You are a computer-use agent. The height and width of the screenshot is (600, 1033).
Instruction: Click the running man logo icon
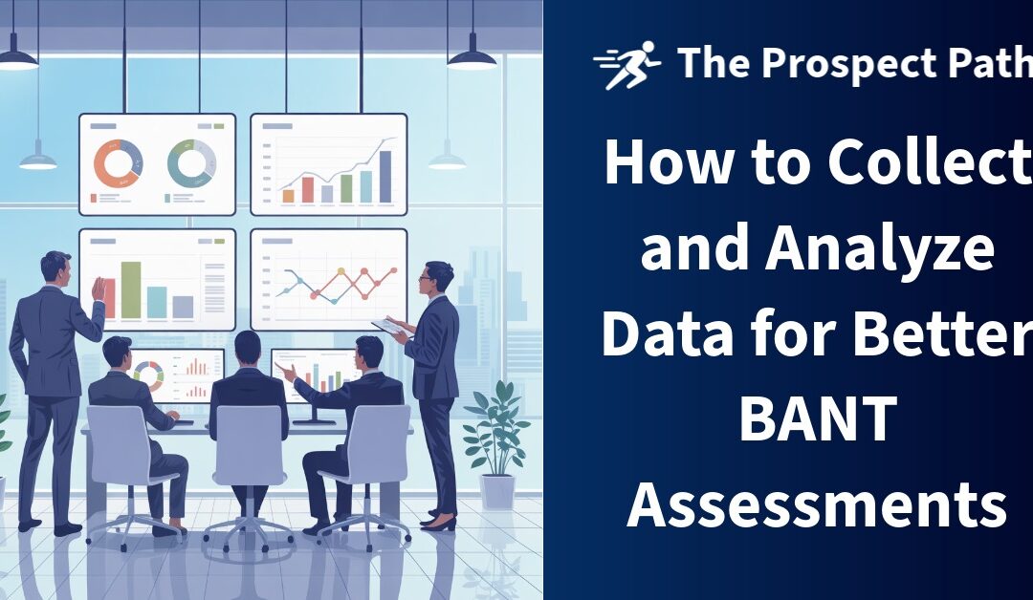[626, 65]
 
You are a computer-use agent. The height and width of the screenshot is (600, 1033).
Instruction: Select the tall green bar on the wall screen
[131, 289]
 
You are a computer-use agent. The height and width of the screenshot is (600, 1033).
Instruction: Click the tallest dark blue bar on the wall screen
[385, 176]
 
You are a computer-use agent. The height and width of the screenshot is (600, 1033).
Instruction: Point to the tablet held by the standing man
[390, 327]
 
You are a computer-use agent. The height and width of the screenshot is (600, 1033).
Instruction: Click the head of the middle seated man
[248, 347]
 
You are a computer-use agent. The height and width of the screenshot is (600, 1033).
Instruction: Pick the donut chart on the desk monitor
[148, 372]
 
